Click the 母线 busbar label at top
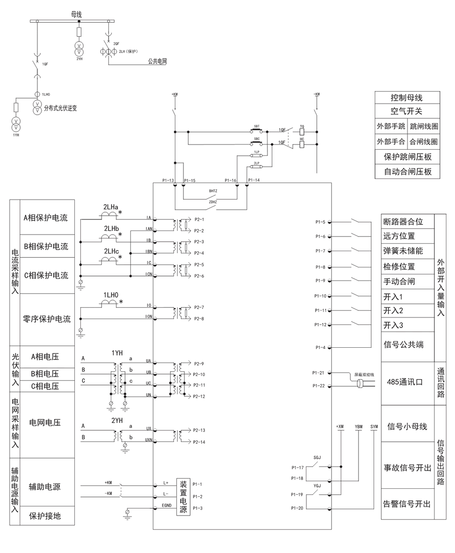(76, 15)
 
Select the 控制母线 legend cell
(406, 98)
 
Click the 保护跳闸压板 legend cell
(406, 157)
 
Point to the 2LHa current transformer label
(111, 207)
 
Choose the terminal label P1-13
(168, 180)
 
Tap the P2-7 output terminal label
(199, 307)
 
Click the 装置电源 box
(184, 496)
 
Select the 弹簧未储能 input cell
(403, 251)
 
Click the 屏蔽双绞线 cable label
(363, 375)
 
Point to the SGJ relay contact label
(317, 457)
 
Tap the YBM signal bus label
(358, 427)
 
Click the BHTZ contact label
(213, 192)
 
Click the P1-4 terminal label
(320, 347)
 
